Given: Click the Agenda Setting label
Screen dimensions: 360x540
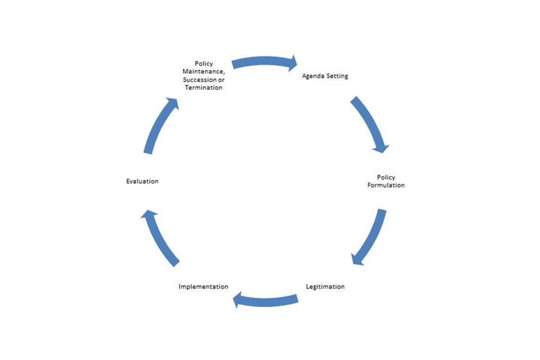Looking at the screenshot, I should (325, 76).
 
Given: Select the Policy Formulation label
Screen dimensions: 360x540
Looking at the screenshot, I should (386, 181).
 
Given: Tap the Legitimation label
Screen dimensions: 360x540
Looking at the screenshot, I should (325, 286).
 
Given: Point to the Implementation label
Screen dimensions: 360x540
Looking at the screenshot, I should (203, 286).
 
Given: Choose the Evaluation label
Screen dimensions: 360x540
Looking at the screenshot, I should (142, 181).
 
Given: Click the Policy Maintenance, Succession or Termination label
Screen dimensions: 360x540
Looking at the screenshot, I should (203, 76).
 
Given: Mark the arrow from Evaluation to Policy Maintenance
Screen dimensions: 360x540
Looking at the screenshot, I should (160, 125).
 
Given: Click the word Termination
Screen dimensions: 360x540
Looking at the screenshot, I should (204, 88).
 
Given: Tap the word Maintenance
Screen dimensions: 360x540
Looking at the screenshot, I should (203, 72).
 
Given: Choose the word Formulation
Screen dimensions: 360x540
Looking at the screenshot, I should (386, 185).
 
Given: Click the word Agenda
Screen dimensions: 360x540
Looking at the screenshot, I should (313, 76).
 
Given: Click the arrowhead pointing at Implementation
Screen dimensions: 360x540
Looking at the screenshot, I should (240, 300).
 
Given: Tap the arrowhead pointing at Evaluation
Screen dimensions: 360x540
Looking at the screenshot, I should (148, 215).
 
